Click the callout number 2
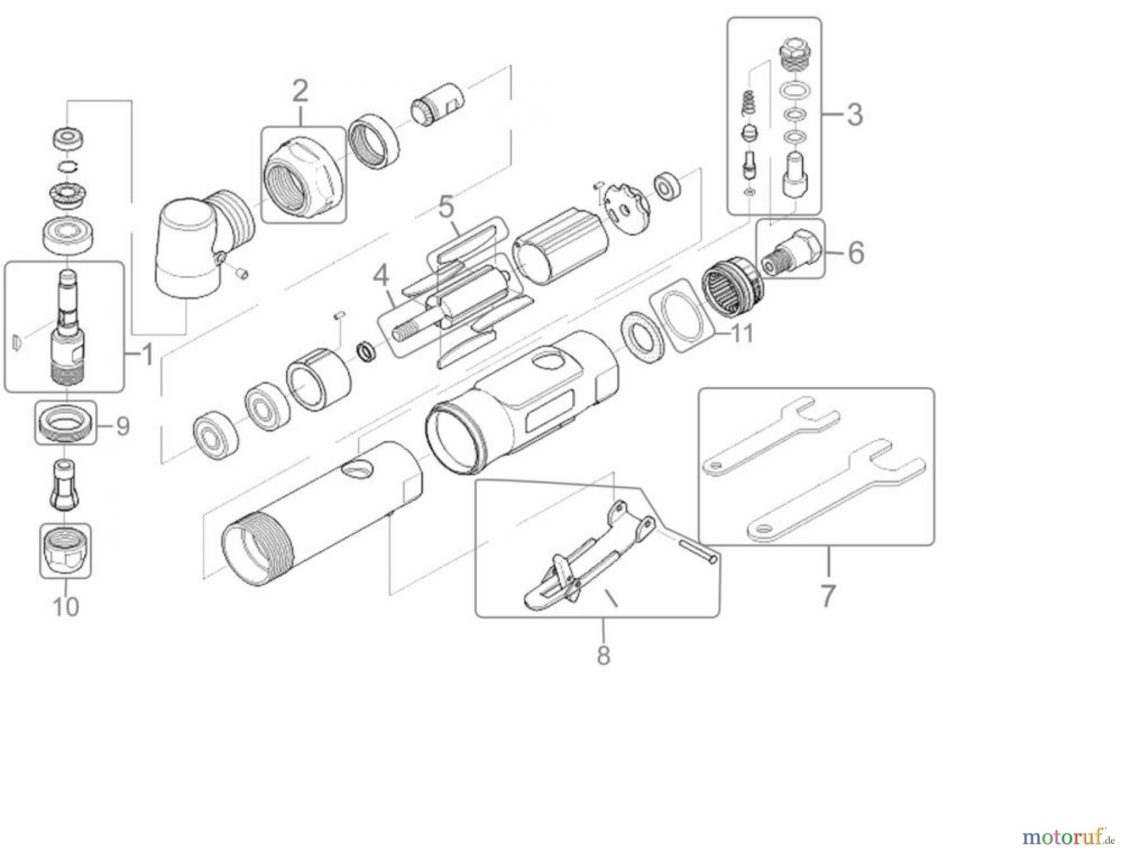pos(300,92)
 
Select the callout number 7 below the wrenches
pos(827,595)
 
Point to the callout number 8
pos(603,655)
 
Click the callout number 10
pos(66,606)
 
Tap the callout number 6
pos(856,253)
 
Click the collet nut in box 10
pos(65,551)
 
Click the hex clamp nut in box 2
pos(304,176)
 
